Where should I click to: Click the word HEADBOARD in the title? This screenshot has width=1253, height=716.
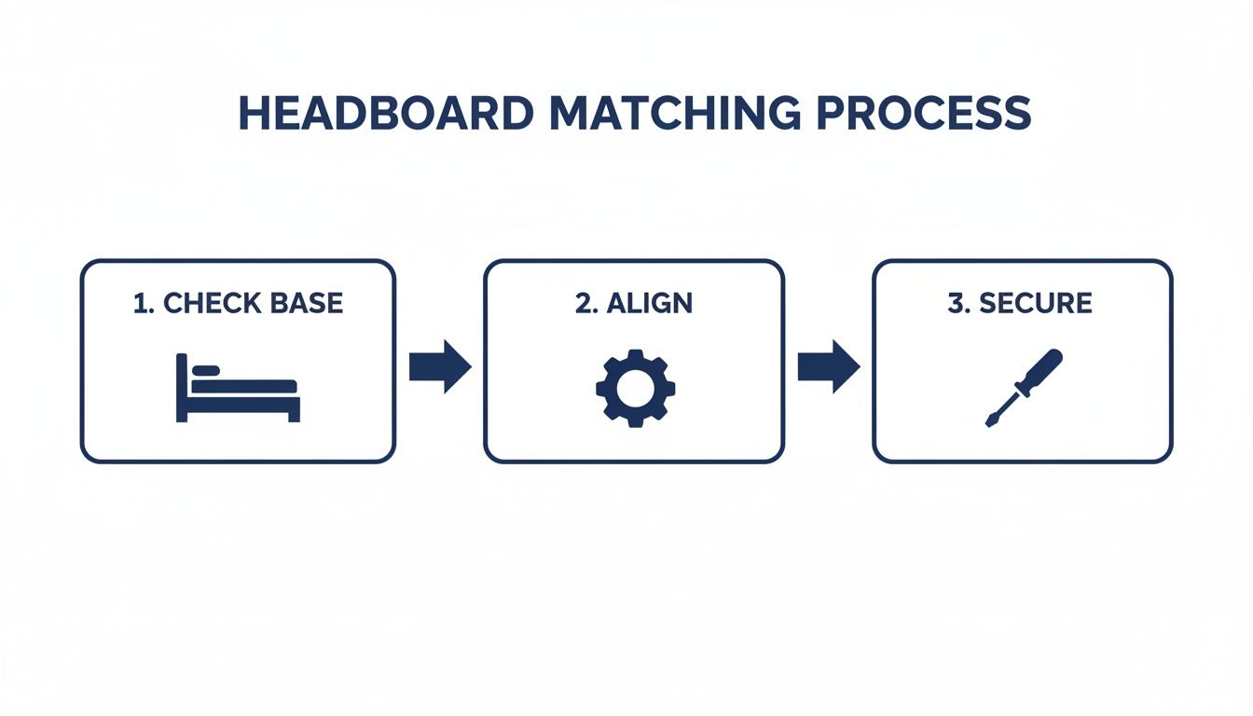coord(386,113)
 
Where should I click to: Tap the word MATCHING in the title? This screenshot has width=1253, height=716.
coord(674,113)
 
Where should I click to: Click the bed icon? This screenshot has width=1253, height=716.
coord(238,388)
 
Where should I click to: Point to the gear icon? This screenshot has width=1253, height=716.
coord(635,388)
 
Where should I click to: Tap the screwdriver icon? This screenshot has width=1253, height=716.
coord(1023,388)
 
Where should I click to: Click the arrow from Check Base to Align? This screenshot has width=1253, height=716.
coord(440,366)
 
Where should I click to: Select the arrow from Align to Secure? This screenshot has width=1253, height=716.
coord(828,366)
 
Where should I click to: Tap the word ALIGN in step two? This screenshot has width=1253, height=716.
coord(649,303)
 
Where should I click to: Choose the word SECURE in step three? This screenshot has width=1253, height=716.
coord(1035,303)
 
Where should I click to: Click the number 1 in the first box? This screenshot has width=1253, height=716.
coord(141,303)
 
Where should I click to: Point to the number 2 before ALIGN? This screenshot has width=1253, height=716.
coord(584,303)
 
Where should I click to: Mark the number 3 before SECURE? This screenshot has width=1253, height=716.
coord(957,303)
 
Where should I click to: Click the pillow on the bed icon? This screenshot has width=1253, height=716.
coord(206,371)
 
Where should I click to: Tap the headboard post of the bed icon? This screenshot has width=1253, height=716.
coord(181,388)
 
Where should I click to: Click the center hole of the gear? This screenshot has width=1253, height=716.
coord(635,388)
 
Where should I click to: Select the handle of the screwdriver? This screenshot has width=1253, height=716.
coord(1040,369)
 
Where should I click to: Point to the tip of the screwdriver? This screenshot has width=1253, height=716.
coord(990,422)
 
